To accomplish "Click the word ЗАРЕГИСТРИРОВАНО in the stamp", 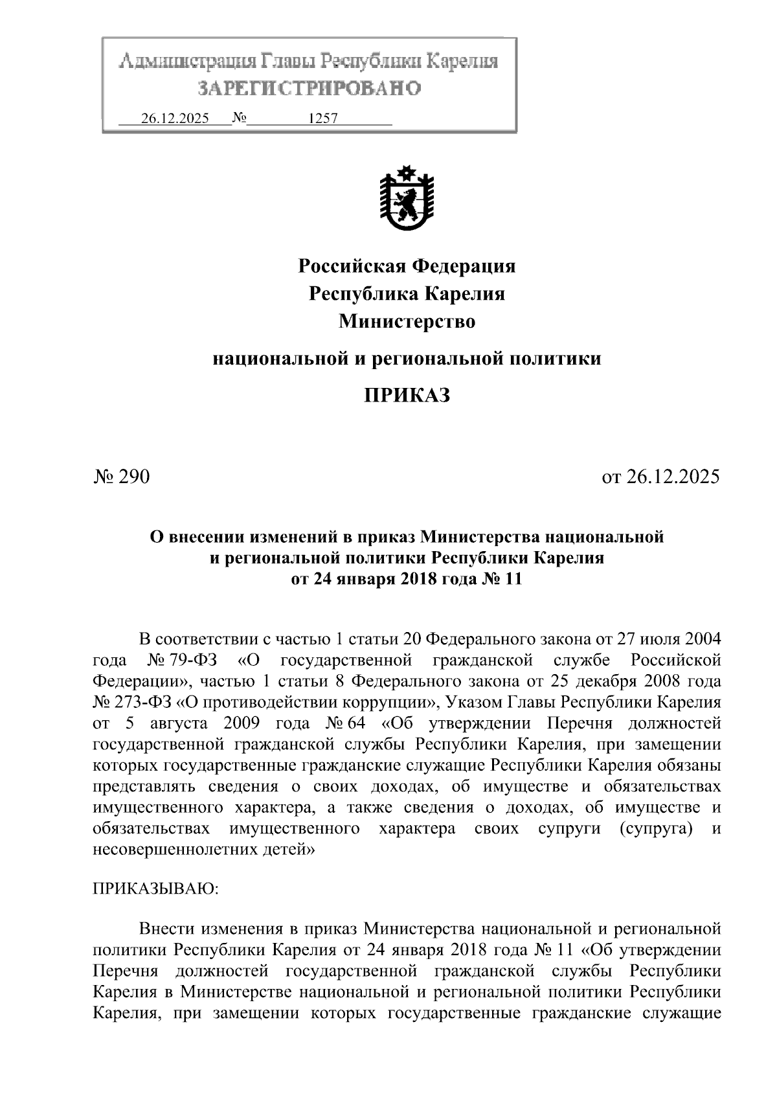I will (309, 89).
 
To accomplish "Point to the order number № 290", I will (122, 477).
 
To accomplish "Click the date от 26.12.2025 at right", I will (660, 477).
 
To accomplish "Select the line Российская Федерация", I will (407, 266).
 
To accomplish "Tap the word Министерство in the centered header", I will (407, 321).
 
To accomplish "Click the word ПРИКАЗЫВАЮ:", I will (157, 888).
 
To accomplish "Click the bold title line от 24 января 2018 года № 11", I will (407, 579).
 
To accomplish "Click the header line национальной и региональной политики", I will (407, 358).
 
